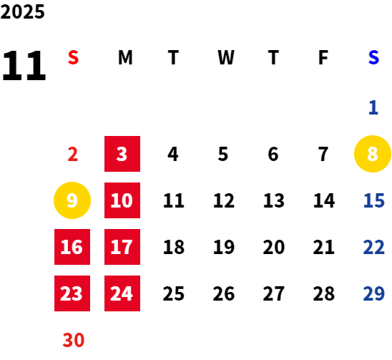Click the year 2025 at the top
22,11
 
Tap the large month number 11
24,66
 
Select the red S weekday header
73,57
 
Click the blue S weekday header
373,57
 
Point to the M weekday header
125,57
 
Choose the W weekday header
226,57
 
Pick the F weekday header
323,57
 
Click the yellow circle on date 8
373,154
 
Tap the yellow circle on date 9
72,200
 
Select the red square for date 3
122,154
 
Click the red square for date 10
122,200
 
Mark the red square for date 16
72,247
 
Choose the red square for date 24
122,293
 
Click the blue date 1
373,107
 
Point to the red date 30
74,340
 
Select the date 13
274,200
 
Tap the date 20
274,247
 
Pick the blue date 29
373,293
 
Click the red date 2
73,154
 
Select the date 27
274,293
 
